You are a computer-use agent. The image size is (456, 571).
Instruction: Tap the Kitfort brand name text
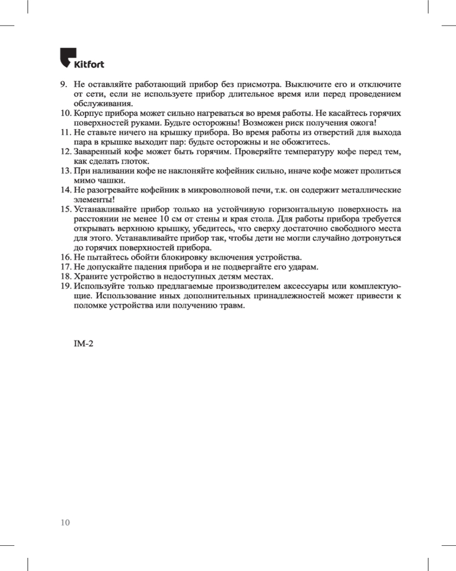click(89, 63)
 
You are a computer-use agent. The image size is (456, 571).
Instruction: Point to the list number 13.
click(65, 171)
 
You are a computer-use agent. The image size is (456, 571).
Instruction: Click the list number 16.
click(65, 257)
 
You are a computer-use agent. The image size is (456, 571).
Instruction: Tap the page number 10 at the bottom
click(65, 522)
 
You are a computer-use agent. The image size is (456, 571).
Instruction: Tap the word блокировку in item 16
click(182, 257)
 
